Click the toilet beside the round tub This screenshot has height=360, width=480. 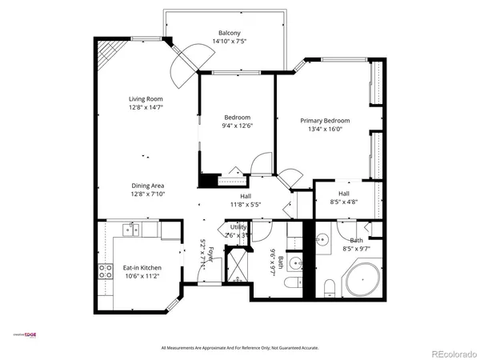pyautogui.click(x=329, y=286)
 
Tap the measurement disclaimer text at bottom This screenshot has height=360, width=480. pyautogui.click(x=240, y=348)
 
